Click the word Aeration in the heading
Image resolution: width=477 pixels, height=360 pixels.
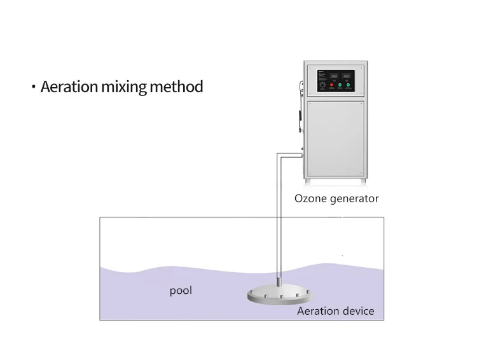pyautogui.click(x=69, y=87)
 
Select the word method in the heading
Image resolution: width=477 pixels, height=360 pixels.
pyautogui.click(x=177, y=87)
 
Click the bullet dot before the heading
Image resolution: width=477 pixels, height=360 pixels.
pyautogui.click(x=33, y=87)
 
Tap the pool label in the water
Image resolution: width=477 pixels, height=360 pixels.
pyautogui.click(x=181, y=291)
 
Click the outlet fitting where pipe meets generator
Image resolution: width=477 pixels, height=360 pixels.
pyautogui.click(x=301, y=152)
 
